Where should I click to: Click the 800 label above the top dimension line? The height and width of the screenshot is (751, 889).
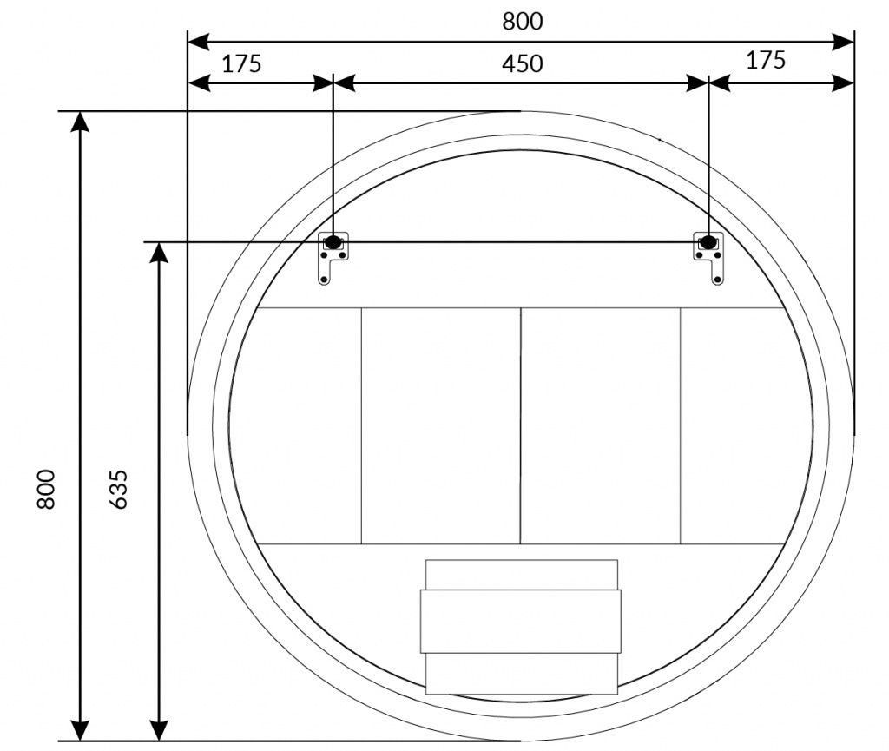[522, 22]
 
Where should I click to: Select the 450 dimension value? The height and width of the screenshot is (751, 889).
[522, 63]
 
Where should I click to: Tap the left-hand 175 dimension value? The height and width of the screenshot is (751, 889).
[241, 63]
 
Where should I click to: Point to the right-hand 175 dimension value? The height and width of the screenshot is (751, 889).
[766, 60]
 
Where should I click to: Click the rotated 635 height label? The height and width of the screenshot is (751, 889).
[118, 489]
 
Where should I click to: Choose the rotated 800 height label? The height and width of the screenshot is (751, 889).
[46, 489]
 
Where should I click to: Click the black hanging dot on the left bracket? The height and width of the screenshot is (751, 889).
[333, 242]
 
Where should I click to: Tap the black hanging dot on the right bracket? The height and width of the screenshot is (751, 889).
[708, 242]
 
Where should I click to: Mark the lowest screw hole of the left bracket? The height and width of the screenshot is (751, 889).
[324, 279]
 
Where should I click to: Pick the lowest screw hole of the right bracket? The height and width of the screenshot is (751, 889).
[717, 279]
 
